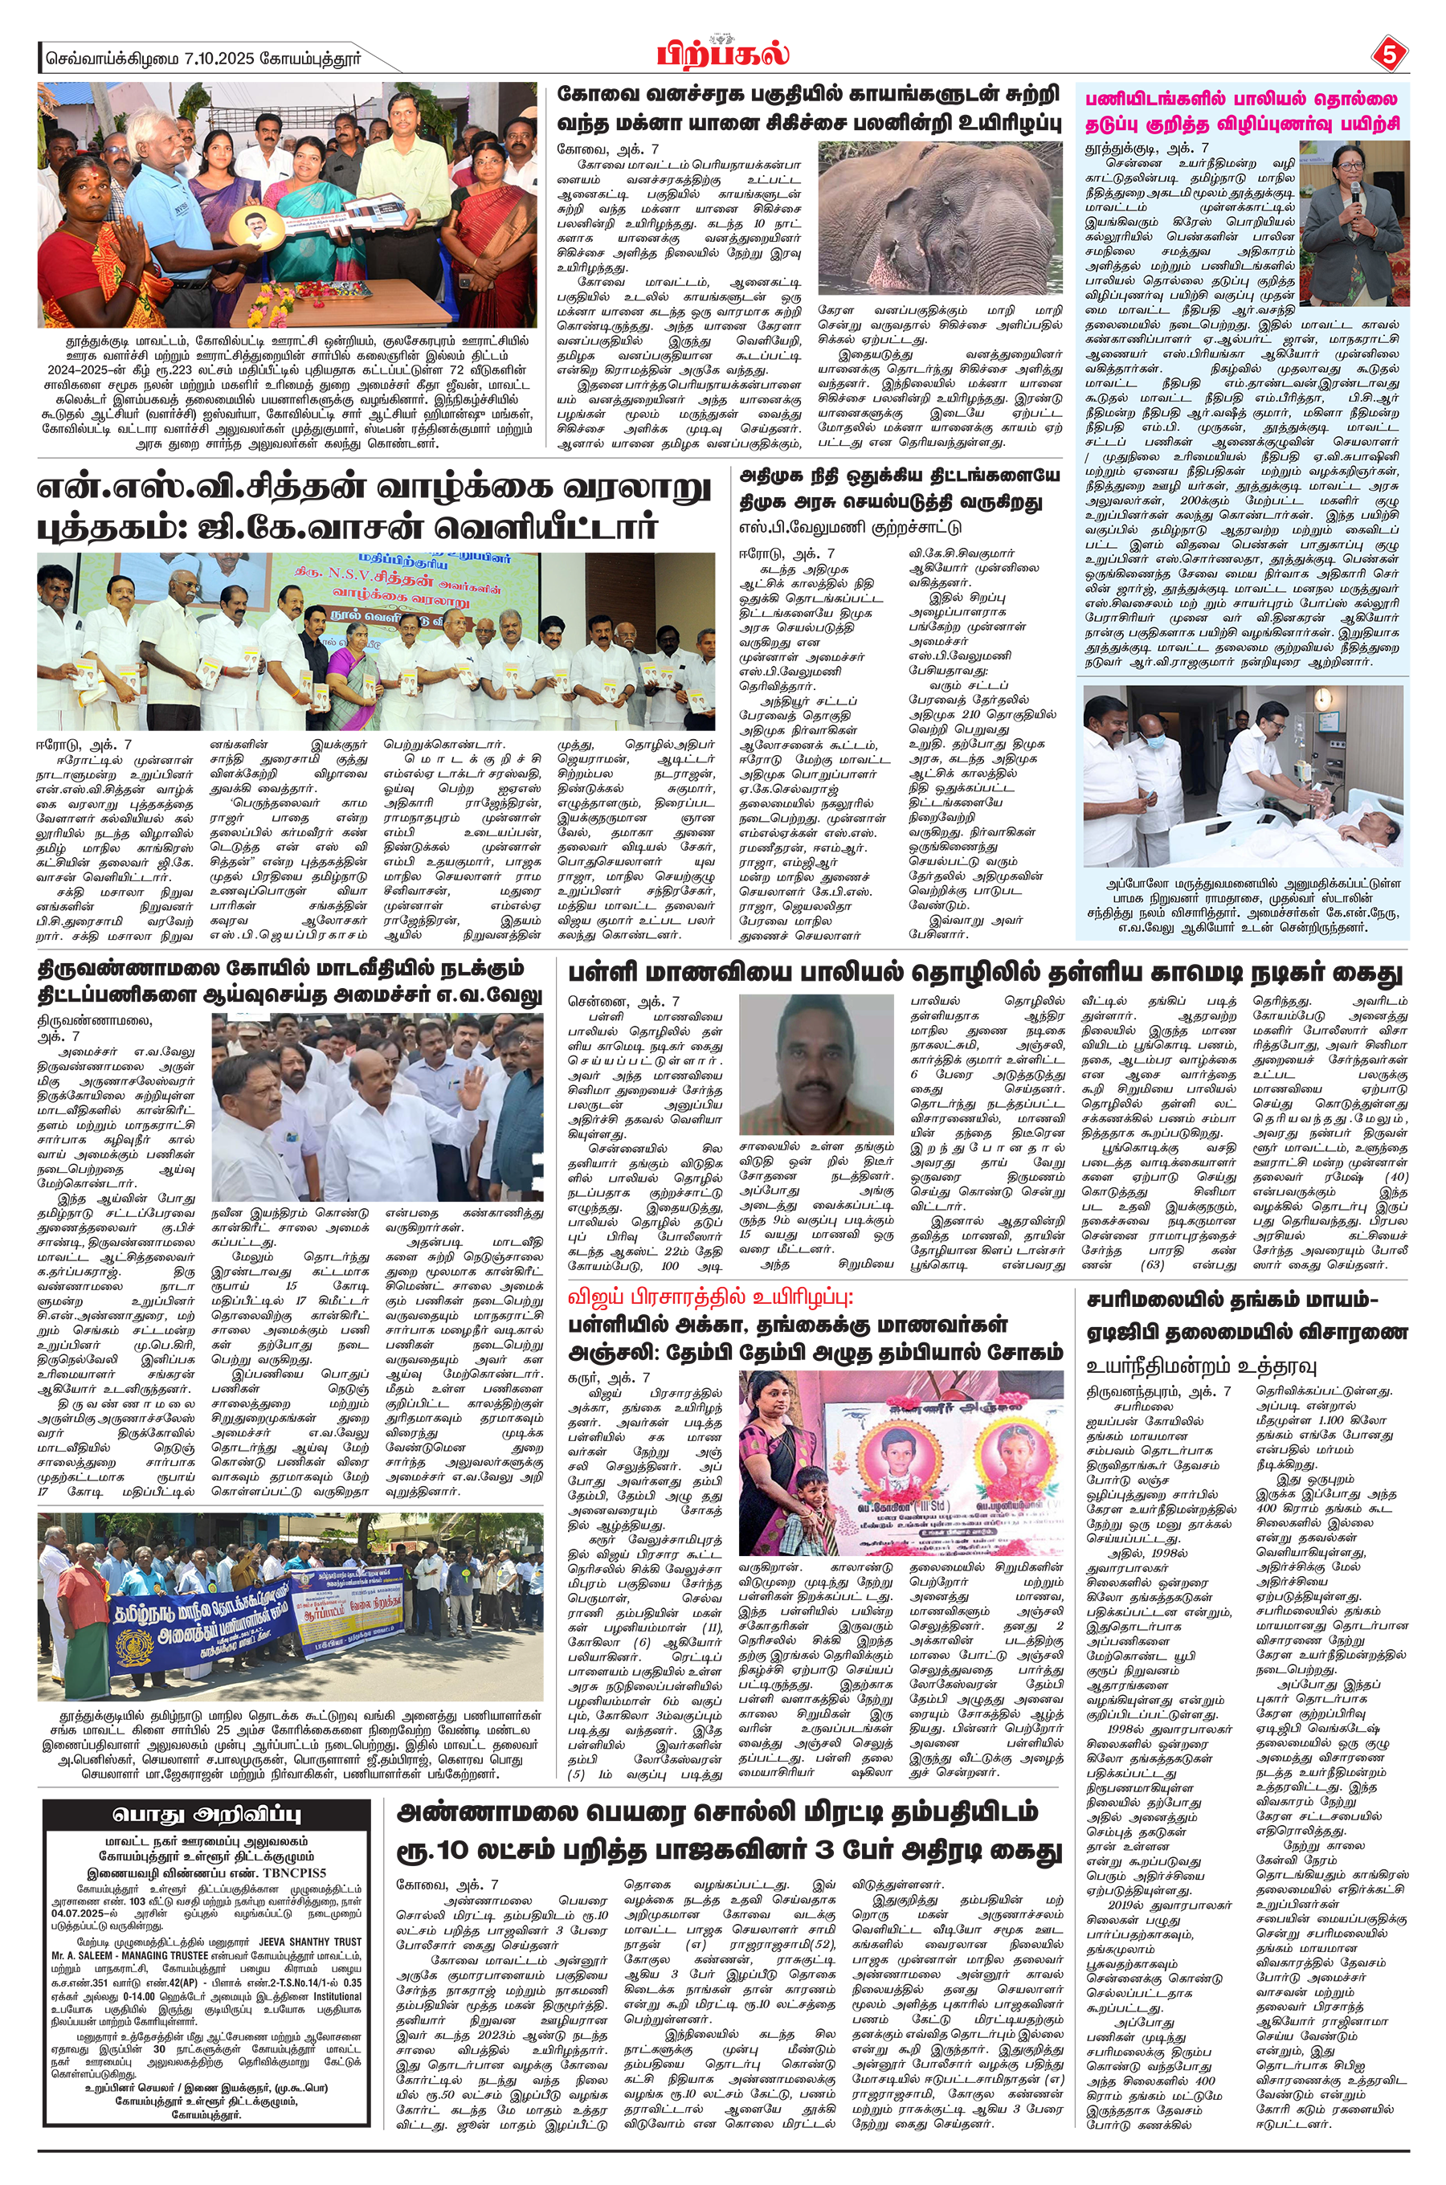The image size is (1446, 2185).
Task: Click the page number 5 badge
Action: (1389, 56)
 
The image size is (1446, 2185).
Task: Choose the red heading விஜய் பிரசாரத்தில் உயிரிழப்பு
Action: (710, 1297)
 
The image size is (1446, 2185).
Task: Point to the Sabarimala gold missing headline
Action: (1247, 1317)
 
